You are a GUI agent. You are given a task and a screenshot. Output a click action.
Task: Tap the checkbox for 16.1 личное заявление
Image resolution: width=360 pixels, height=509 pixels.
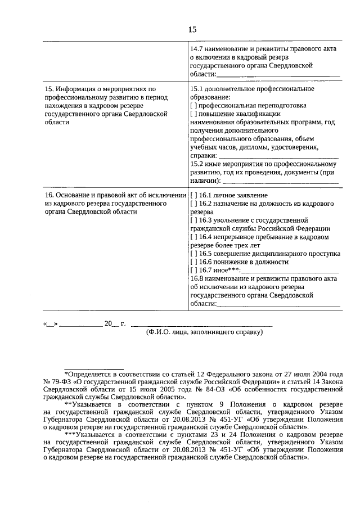(193, 195)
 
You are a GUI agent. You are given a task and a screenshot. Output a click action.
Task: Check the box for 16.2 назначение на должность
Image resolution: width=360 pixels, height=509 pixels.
(193, 203)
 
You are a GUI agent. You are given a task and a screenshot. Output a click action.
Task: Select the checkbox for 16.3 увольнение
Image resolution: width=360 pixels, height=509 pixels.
(193, 220)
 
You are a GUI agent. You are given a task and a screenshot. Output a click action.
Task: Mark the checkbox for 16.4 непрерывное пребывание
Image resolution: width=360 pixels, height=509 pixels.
(193, 237)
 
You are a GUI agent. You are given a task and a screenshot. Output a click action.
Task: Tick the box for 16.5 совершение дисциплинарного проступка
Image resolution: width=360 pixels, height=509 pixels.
(193, 254)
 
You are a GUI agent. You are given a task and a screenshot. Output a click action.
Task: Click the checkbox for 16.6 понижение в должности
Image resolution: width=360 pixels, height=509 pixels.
(193, 262)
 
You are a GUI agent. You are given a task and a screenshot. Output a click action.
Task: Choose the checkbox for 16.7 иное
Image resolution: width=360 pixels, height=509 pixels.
(193, 271)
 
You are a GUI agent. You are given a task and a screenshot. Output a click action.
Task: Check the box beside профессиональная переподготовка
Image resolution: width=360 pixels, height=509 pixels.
(193, 105)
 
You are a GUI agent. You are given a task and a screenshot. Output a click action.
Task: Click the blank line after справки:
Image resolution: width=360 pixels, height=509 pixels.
(278, 156)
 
